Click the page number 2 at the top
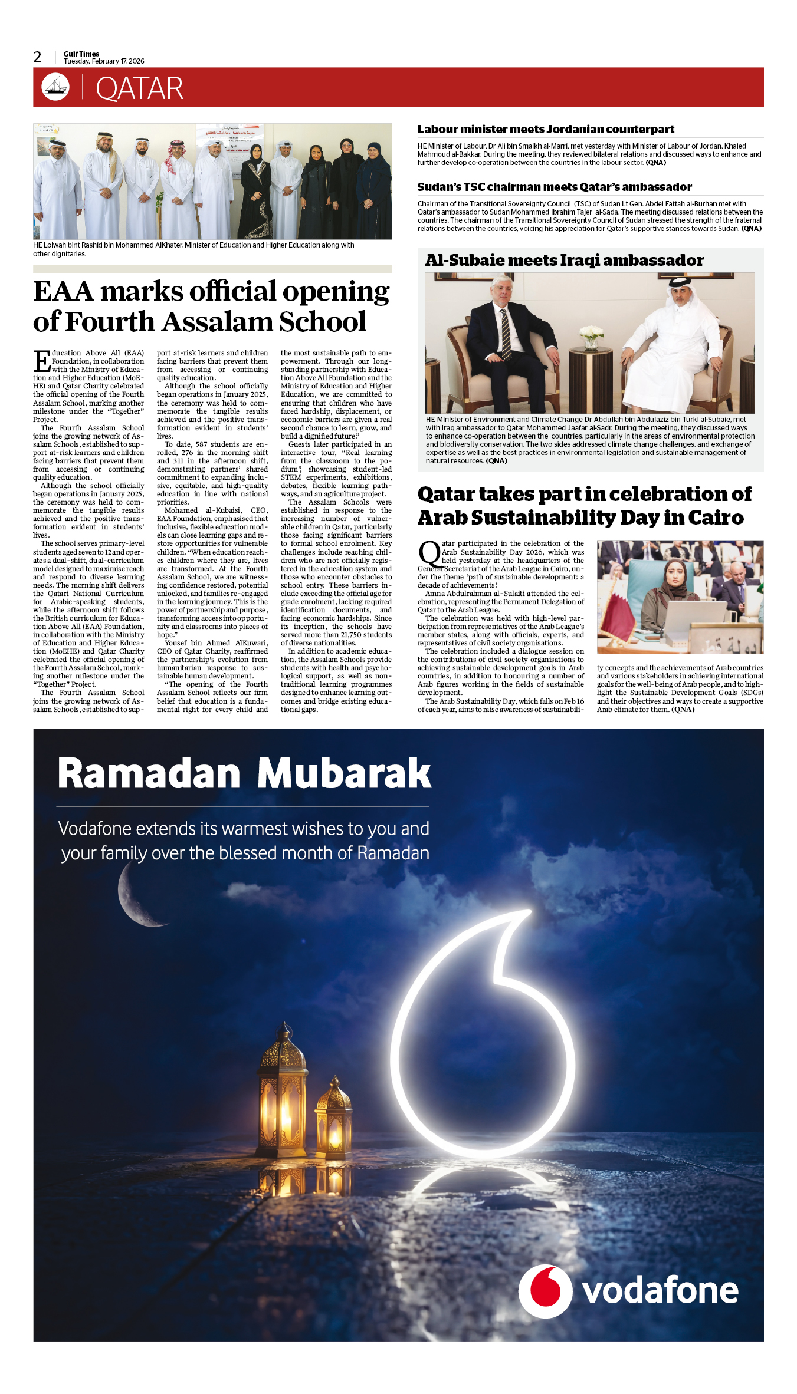37,57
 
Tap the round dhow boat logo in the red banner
55,87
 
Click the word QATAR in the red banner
139,88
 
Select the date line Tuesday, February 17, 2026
104,61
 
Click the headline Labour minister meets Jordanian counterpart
546,129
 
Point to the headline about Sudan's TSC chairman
554,187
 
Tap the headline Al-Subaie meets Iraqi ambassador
564,260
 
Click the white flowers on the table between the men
591,337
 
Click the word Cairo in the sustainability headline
716,518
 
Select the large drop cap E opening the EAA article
42,361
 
